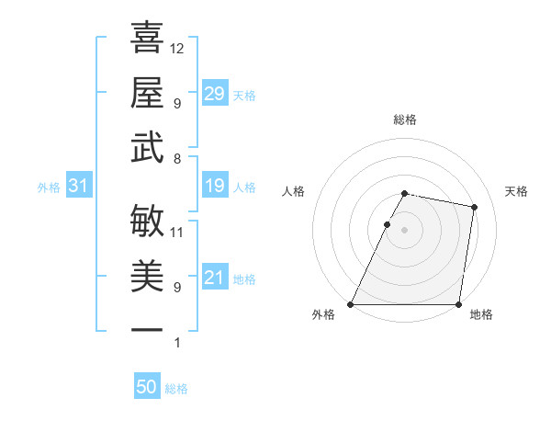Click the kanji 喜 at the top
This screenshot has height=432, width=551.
coord(147,38)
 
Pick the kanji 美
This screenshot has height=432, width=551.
coord(147,275)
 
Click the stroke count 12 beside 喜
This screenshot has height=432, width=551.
coord(177,48)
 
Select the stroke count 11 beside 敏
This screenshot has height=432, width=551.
coord(177,232)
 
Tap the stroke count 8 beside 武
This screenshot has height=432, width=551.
coord(176,158)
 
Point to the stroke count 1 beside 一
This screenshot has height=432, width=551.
coord(176,342)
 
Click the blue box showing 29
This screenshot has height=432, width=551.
coord(215,94)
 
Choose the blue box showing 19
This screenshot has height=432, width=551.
coord(215,187)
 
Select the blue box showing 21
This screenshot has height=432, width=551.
coord(215,279)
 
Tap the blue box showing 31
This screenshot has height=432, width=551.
coord(78,187)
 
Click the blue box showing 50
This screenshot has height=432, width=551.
coord(147,388)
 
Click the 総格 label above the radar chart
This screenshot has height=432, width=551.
coord(405,119)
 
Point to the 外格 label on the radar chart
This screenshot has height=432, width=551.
coord(323,314)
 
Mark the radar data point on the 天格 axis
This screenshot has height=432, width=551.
coord(474,208)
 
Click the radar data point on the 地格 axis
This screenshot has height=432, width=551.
coord(458,304)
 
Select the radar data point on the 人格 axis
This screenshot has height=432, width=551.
coord(387,224)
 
